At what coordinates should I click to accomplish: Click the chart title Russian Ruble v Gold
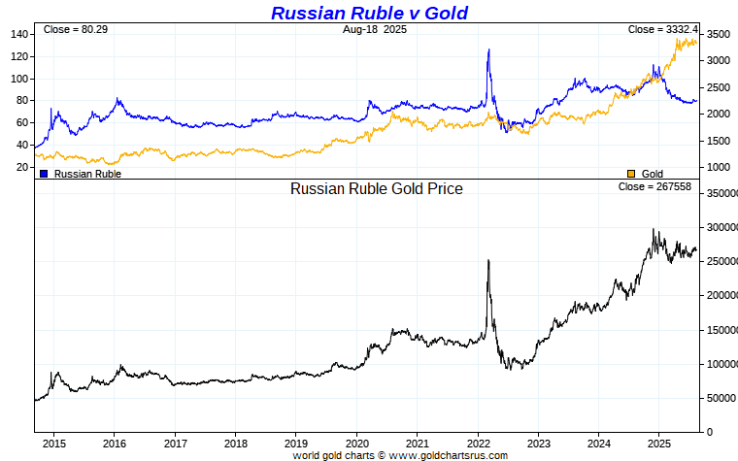(369, 13)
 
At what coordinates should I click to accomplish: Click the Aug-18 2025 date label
(374, 30)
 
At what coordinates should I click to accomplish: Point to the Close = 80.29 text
(75, 30)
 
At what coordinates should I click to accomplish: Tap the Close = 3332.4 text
(663, 30)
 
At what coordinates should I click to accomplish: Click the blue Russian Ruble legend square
(44, 174)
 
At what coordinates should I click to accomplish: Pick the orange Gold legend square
(631, 174)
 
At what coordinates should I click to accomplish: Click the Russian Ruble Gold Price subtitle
(377, 189)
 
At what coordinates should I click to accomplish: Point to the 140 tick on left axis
(20, 34)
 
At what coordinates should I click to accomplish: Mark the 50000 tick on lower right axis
(718, 398)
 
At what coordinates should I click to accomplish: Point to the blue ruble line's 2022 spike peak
(488, 49)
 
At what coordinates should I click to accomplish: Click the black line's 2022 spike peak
(487, 260)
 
